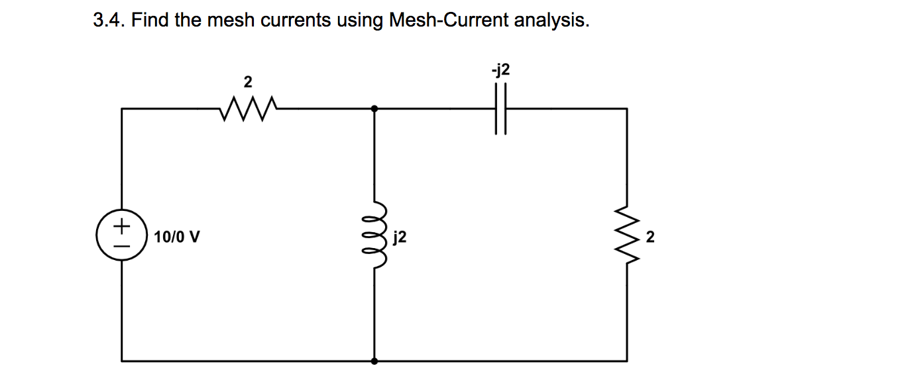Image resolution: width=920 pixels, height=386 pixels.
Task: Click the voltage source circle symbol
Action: click(x=121, y=235)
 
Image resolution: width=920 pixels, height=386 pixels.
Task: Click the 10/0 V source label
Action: click(x=178, y=236)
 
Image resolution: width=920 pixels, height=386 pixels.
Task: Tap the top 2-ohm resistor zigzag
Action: click(x=247, y=107)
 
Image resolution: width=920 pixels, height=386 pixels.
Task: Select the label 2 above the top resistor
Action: click(x=248, y=82)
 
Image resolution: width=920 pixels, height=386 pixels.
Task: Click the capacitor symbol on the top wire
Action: click(x=500, y=108)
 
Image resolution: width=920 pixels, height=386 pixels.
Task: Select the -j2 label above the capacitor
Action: click(x=500, y=70)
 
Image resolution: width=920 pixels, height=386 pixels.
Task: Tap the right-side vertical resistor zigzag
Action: click(x=626, y=235)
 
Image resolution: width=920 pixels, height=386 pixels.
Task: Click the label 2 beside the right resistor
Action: click(x=650, y=236)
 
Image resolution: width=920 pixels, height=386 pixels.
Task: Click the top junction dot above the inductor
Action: click(x=374, y=108)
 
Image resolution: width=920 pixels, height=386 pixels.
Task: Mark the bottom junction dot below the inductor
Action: click(x=374, y=361)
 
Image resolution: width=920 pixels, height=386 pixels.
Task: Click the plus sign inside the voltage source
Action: click(x=121, y=226)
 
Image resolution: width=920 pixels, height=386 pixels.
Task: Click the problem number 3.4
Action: click(x=108, y=21)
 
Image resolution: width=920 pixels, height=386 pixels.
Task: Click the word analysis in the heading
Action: click(x=551, y=21)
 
